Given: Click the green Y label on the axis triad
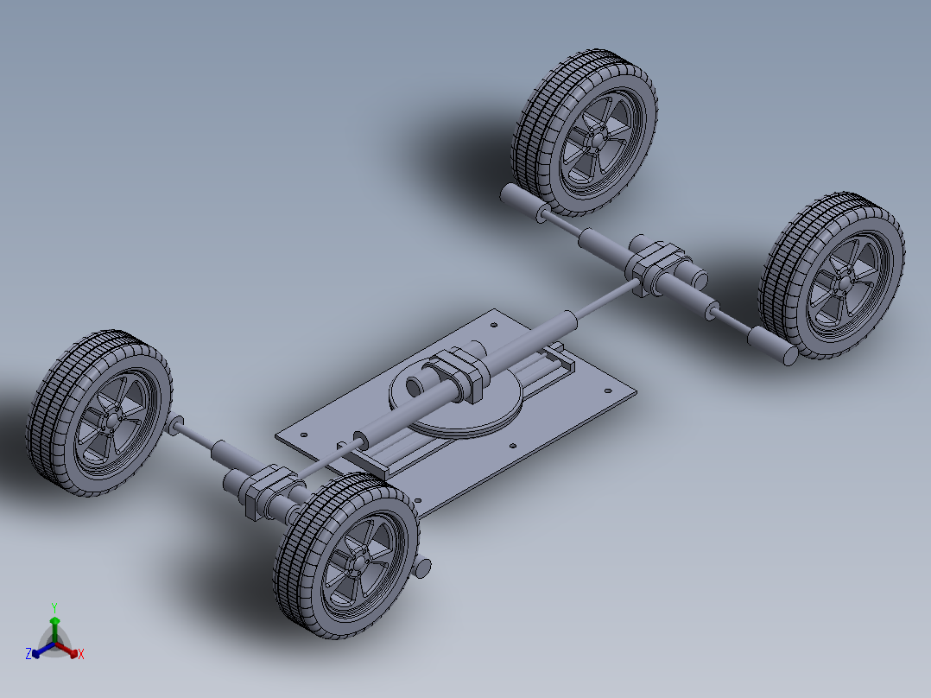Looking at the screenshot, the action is pos(54,607).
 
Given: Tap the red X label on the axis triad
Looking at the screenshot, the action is pos(81,654).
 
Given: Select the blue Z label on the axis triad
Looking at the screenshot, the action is pos(28,653).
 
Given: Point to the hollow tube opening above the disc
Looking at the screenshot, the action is pos(414,387).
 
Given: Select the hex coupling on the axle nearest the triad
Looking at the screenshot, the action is pos(270,490).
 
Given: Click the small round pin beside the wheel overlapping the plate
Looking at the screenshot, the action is pos(423,568).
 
